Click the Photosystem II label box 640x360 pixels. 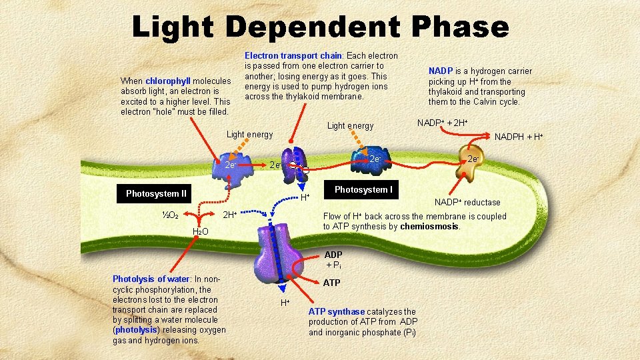157,194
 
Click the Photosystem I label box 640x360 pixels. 363,190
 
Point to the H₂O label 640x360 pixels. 200,231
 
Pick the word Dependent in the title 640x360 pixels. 314,27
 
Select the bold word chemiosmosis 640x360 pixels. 429,227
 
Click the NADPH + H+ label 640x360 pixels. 519,137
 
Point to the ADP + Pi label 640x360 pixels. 333,260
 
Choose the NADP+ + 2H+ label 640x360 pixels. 442,123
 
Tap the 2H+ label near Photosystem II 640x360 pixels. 229,215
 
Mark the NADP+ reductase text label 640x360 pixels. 467,202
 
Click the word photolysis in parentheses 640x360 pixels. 136,330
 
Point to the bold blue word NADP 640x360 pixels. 440,71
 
